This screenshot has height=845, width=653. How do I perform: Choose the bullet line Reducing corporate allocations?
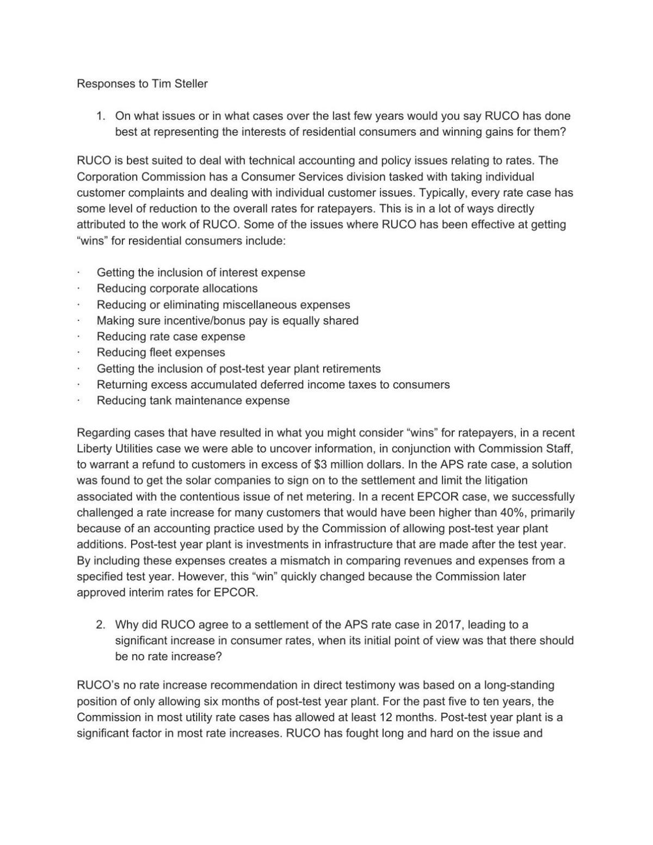click(177, 288)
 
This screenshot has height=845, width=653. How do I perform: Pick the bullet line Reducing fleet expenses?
click(161, 352)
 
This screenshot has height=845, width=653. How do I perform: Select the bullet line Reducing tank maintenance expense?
click(193, 401)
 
